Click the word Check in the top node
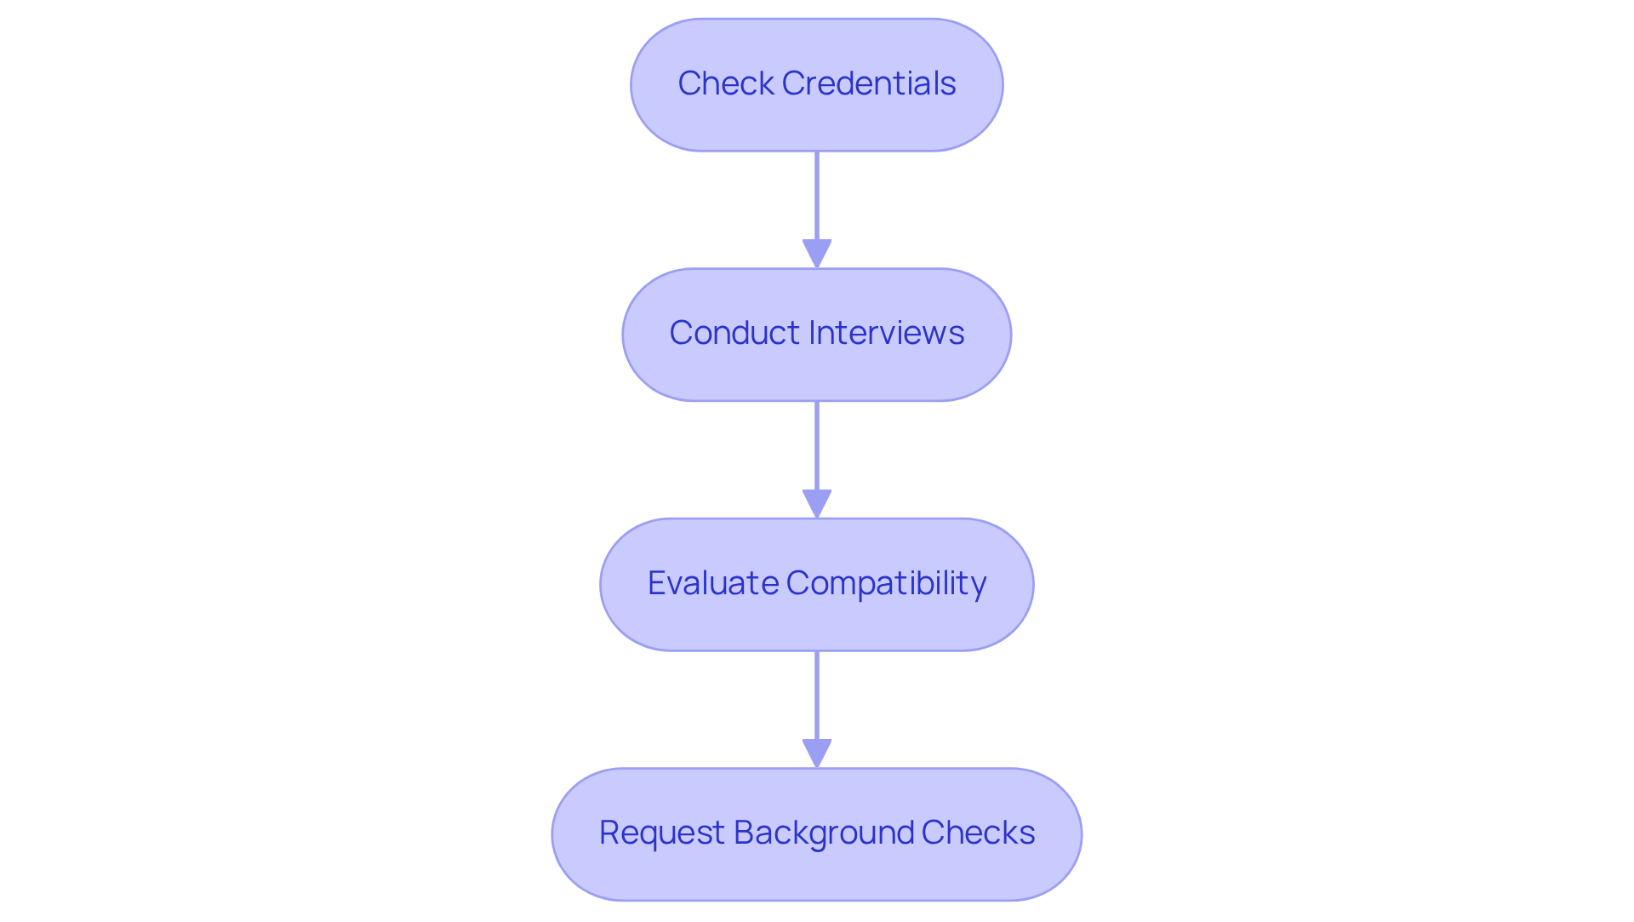(725, 83)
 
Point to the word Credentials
(869, 83)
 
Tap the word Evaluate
(712, 583)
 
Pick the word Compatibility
(886, 584)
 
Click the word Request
(661, 833)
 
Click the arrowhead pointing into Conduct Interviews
(816, 254)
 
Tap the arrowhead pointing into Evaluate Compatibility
(816, 503)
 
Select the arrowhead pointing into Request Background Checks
(816, 753)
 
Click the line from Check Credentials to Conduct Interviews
(816, 196)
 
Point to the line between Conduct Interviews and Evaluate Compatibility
(816, 445)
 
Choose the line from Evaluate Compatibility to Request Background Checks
(816, 696)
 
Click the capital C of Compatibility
(797, 583)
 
